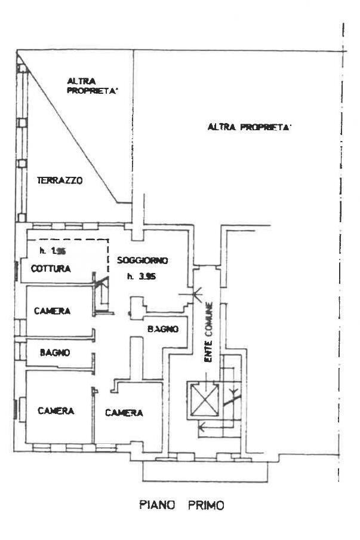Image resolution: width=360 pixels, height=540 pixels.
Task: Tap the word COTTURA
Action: (51, 269)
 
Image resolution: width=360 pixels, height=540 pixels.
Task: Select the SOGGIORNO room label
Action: (143, 260)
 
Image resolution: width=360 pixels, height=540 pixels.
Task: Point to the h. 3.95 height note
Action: (141, 276)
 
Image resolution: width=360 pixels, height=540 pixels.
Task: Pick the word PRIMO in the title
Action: (205, 505)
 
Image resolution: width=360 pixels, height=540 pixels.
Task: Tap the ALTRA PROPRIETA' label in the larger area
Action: (249, 127)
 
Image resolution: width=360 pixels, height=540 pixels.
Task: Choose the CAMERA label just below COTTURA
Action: (53, 311)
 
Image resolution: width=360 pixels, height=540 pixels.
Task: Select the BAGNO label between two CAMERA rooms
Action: (55, 352)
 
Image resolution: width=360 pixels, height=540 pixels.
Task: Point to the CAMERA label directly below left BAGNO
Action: (56, 411)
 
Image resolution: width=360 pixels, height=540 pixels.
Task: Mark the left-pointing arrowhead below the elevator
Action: (202, 427)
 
